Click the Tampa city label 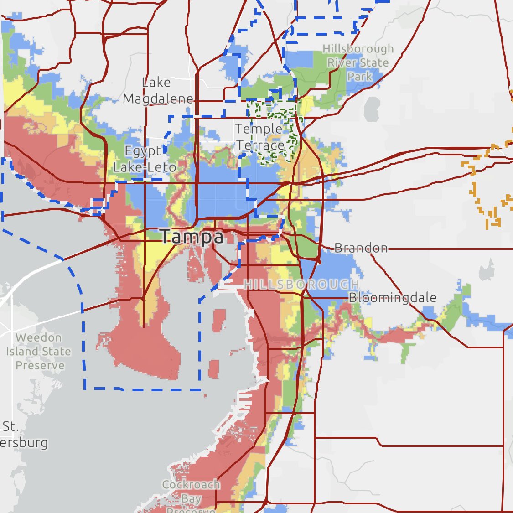pyautogui.click(x=192, y=237)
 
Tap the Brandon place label pyautogui.click(x=361, y=248)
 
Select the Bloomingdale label pyautogui.click(x=393, y=298)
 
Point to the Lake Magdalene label pyautogui.click(x=157, y=90)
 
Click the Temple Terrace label pyautogui.click(x=260, y=137)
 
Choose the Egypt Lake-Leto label pyautogui.click(x=144, y=159)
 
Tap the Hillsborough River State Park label pyautogui.click(x=358, y=62)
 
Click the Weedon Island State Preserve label pyautogui.click(x=39, y=352)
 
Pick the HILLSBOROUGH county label pyautogui.click(x=301, y=285)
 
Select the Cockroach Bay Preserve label pyautogui.click(x=191, y=497)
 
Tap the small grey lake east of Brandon pyautogui.click(x=487, y=269)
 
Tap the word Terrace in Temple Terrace pyautogui.click(x=260, y=146)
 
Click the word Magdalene pyautogui.click(x=158, y=98)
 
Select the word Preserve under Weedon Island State pyautogui.click(x=40, y=365)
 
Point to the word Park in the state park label pyautogui.click(x=359, y=76)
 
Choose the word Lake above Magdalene pyautogui.click(x=156, y=83)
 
